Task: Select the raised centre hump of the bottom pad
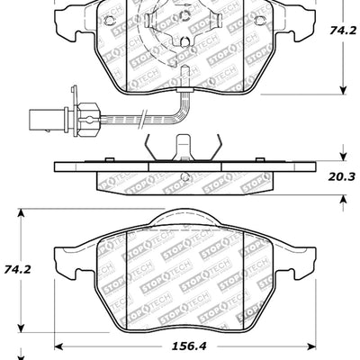click(185, 220)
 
